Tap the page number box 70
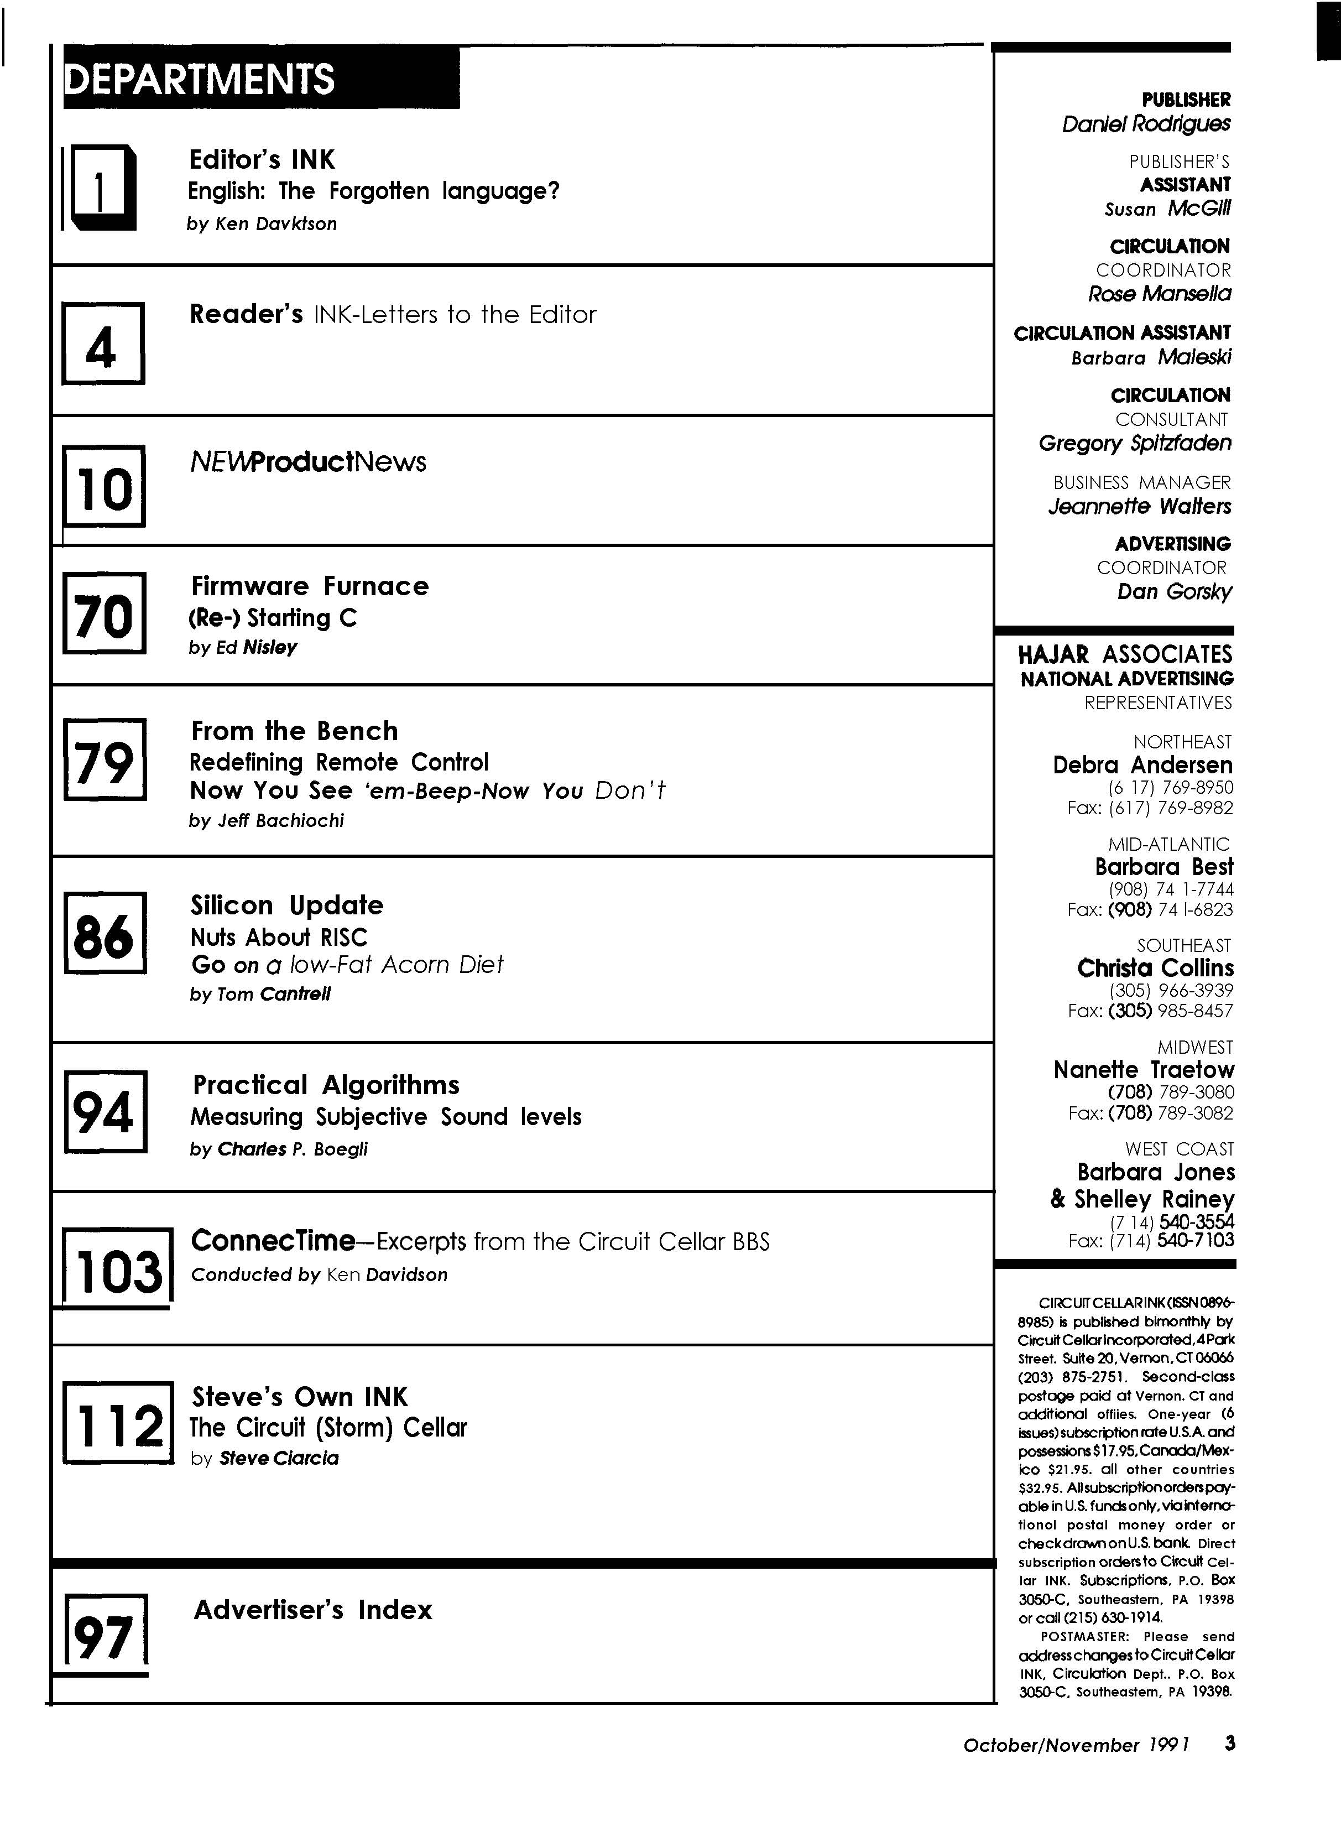(x=104, y=613)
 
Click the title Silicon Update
(x=286, y=905)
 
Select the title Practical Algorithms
(x=326, y=1085)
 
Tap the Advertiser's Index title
(x=312, y=1610)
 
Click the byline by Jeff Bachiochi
(x=266, y=821)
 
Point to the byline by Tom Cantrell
(x=260, y=995)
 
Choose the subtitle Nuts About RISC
(x=278, y=938)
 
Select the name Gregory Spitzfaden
(x=1134, y=443)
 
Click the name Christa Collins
(x=1154, y=969)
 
